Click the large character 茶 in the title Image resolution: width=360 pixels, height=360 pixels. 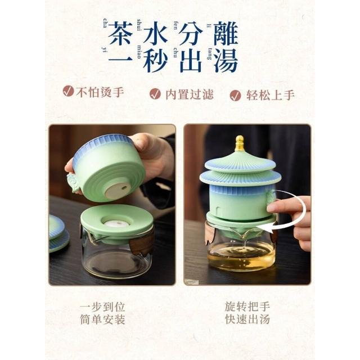pos(120,33)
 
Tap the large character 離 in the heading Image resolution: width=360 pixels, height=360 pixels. pos(226,33)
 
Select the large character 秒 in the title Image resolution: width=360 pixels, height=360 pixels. pos(155,60)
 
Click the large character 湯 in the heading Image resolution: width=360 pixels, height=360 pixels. pos(226,60)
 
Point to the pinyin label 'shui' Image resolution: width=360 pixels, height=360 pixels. pos(139,25)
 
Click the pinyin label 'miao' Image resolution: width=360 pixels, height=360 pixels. pos(139,52)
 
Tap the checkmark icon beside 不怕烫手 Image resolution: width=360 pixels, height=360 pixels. pos(68,91)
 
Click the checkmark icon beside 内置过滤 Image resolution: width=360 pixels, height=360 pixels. pos(155,94)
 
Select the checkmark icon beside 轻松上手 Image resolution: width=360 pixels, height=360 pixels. pos(235,95)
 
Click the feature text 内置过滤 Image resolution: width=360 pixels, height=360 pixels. pos(190,94)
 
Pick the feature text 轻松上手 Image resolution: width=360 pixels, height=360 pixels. pos(271,95)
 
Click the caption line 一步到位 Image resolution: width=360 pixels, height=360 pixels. pos(102,307)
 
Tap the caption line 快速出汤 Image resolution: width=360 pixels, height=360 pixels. pos(247,319)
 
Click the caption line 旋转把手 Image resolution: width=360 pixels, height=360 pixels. pos(247,307)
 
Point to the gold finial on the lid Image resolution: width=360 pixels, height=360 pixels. pos(240,143)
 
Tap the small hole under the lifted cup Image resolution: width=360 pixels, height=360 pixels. pos(124,188)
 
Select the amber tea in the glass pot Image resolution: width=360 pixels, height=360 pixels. pos(241,257)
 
